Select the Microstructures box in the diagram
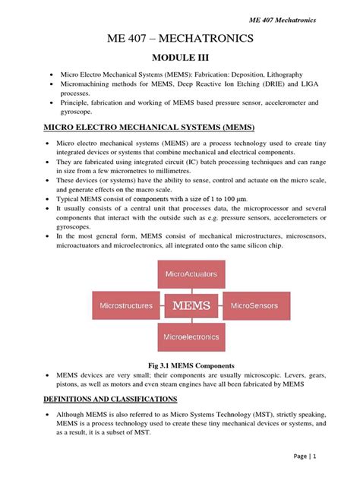[126, 306]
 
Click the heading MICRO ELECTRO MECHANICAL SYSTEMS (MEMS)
[149, 126]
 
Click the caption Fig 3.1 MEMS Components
[180, 364]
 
